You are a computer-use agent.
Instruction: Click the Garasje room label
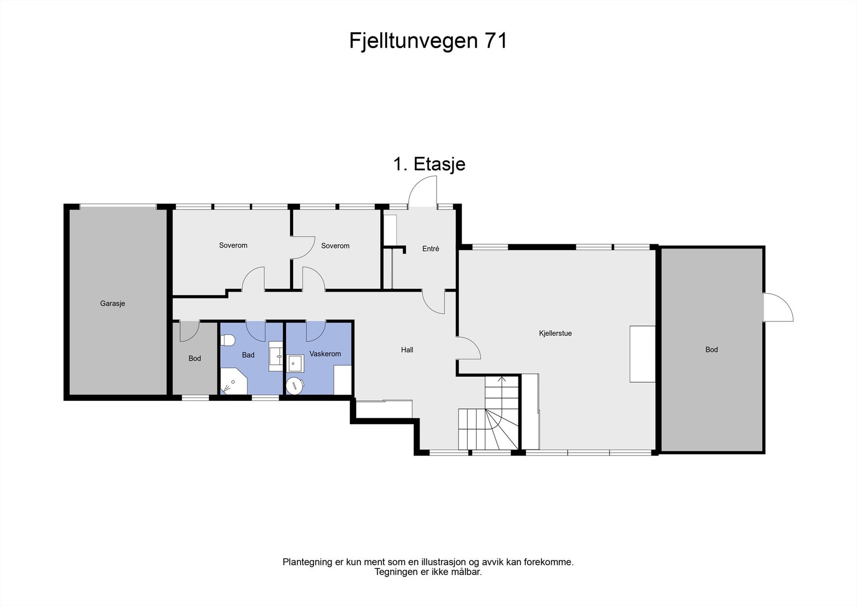pyautogui.click(x=112, y=303)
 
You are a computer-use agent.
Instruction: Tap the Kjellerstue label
pyautogui.click(x=555, y=333)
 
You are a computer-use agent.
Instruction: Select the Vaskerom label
pyautogui.click(x=325, y=354)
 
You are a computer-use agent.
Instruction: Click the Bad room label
pyautogui.click(x=248, y=355)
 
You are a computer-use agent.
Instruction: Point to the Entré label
pyautogui.click(x=431, y=249)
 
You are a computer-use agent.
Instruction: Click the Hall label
pyautogui.click(x=407, y=350)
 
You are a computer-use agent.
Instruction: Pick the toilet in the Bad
pyautogui.click(x=228, y=340)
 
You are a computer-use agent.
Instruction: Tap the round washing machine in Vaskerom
pyautogui.click(x=295, y=385)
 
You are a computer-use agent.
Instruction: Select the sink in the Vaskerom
pyautogui.click(x=295, y=363)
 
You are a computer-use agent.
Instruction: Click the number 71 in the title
pyautogui.click(x=495, y=41)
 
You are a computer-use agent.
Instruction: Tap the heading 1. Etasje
pyautogui.click(x=429, y=164)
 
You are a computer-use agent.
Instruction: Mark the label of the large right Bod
pyautogui.click(x=711, y=349)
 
